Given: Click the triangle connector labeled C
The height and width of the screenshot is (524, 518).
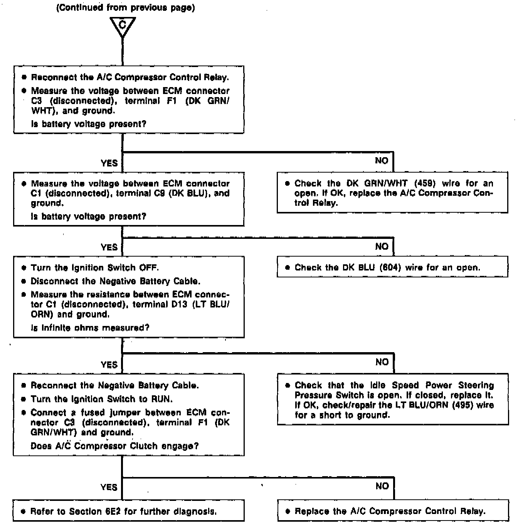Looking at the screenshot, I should [x=123, y=26].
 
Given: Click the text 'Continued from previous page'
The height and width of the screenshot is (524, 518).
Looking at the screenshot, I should [x=126, y=8].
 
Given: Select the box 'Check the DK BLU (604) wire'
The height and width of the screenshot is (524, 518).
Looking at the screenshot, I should [x=392, y=267].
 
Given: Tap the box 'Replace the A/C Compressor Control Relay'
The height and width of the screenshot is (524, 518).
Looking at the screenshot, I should [x=392, y=511].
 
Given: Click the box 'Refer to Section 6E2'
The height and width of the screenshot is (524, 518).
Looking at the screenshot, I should [x=129, y=511].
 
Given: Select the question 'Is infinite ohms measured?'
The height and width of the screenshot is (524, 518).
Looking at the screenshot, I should [x=90, y=328].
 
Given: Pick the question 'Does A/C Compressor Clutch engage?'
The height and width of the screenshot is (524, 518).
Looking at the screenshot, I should [x=114, y=446].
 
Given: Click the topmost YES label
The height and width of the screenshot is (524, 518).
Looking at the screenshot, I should [x=109, y=163].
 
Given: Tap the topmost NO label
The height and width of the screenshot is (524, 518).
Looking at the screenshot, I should [x=382, y=161].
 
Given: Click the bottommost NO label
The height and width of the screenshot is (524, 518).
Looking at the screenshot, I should [x=382, y=486].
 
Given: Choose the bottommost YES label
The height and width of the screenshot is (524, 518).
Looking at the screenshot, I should [x=109, y=487].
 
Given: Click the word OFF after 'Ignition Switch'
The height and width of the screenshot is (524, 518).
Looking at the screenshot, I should [x=149, y=268].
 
